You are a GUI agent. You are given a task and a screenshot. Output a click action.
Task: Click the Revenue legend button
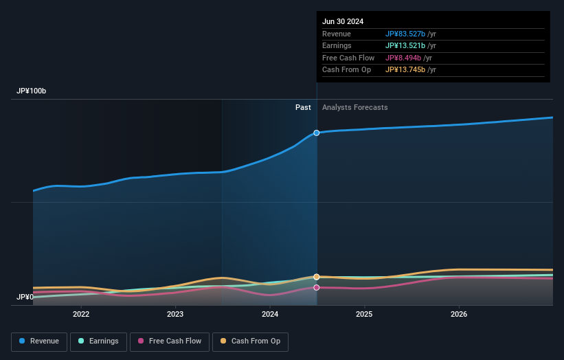point(39,341)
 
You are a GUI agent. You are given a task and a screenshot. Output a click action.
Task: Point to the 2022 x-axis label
point(81,315)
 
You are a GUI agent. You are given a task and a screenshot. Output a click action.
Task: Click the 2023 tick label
point(175,315)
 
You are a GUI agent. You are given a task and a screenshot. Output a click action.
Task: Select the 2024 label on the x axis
point(270,315)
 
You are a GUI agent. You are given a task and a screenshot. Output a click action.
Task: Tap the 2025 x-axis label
point(364,315)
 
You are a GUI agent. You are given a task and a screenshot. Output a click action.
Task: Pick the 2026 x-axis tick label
point(459,315)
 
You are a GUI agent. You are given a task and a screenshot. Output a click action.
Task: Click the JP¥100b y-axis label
point(32,91)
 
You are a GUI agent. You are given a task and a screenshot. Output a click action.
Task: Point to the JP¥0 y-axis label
point(25,297)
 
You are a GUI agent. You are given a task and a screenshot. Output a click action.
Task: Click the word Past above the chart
point(303,107)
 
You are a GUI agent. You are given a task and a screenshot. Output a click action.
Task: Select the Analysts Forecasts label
point(354,107)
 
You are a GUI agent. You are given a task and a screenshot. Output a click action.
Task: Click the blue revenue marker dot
point(317,133)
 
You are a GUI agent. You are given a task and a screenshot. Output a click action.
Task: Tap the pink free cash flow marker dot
point(317,287)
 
